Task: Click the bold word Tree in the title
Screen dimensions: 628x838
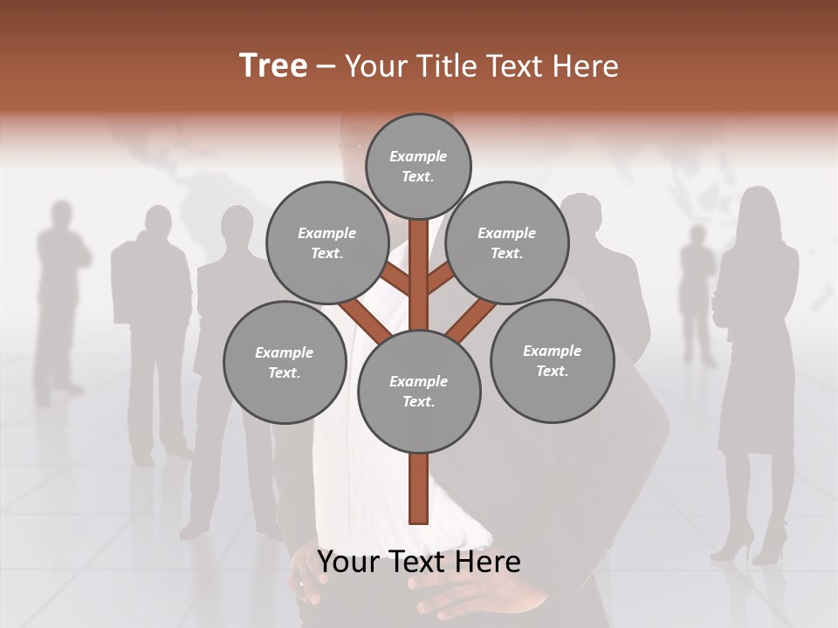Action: (x=273, y=66)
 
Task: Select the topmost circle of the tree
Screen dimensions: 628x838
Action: (x=418, y=166)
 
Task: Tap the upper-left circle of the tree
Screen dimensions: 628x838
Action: (x=326, y=242)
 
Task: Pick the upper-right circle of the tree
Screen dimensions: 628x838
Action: (x=506, y=242)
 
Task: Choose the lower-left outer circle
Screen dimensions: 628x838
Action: (x=285, y=362)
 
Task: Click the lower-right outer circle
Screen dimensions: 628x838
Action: (x=552, y=360)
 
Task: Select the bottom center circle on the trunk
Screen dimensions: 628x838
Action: (x=419, y=391)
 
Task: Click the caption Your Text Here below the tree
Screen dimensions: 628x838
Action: (x=419, y=562)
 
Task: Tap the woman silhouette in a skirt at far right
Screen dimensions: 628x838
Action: (x=756, y=349)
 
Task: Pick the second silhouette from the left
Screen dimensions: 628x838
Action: (x=153, y=323)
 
